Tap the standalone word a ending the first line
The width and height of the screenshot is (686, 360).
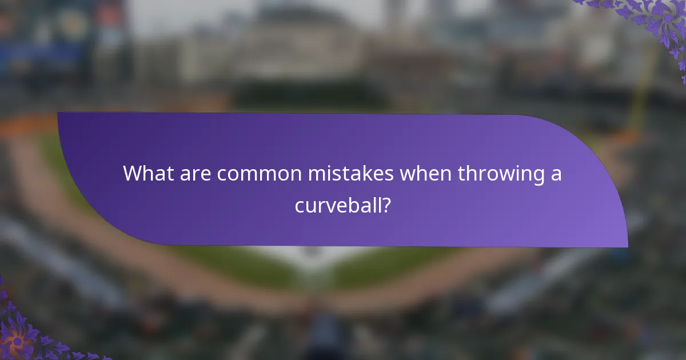[x=556, y=175]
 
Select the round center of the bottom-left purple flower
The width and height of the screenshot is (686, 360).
[x=15, y=341]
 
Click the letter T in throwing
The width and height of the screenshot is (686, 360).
[x=461, y=174]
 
